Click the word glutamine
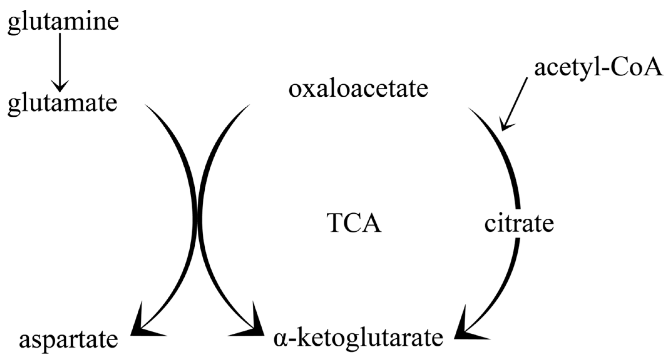(63, 23)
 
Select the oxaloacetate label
(358, 89)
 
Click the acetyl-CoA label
(598, 68)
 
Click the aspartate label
(68, 340)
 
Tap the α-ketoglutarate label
(358, 338)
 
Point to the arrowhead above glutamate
(60, 86)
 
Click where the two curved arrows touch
(197, 219)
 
